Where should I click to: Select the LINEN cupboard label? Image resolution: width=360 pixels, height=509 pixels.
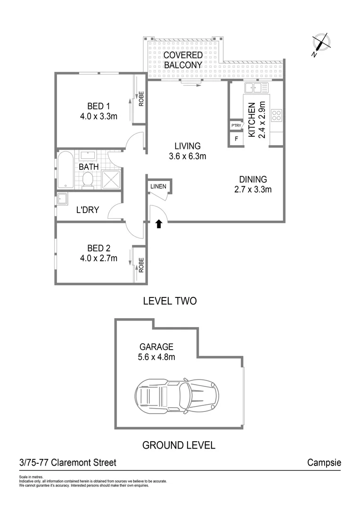pos(158,187)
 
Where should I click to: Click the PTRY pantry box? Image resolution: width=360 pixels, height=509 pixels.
pos(236,126)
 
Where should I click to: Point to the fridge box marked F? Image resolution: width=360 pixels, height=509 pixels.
pos(236,139)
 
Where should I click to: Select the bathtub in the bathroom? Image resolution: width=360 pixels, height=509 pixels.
pos(65,170)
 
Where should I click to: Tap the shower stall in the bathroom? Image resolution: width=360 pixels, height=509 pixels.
pos(112,180)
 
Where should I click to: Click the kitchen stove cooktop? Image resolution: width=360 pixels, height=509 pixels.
pos(277,115)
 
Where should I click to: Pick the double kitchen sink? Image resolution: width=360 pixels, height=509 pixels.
pos(256,88)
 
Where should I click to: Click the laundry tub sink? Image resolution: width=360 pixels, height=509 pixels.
pos(63,199)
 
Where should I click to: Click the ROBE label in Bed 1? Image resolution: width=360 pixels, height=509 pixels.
pos(140,100)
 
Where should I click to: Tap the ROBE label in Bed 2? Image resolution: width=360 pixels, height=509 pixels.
pos(140,265)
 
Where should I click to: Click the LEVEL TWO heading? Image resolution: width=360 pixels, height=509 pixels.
pos(170,301)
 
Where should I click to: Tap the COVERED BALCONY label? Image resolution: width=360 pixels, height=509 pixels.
pos(183,60)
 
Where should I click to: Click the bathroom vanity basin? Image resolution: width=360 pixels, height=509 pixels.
pos(87,156)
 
